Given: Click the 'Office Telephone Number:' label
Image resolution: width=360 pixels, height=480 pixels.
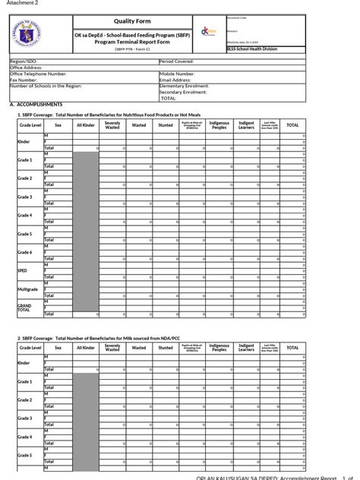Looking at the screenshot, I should pos(38,73).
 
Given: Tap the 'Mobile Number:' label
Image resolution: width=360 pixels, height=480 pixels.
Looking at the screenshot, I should pos(178,73).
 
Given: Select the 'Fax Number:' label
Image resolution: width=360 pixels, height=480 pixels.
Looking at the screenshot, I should pos(24,79).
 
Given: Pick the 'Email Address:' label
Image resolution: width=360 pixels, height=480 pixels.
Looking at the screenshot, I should pos(177,79).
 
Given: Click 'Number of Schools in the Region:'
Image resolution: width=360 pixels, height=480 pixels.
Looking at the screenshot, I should pos(45,85).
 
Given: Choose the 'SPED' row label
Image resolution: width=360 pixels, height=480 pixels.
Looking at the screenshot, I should pos(22,270).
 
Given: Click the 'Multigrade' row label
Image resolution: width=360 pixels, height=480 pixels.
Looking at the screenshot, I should pos(27,288).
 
